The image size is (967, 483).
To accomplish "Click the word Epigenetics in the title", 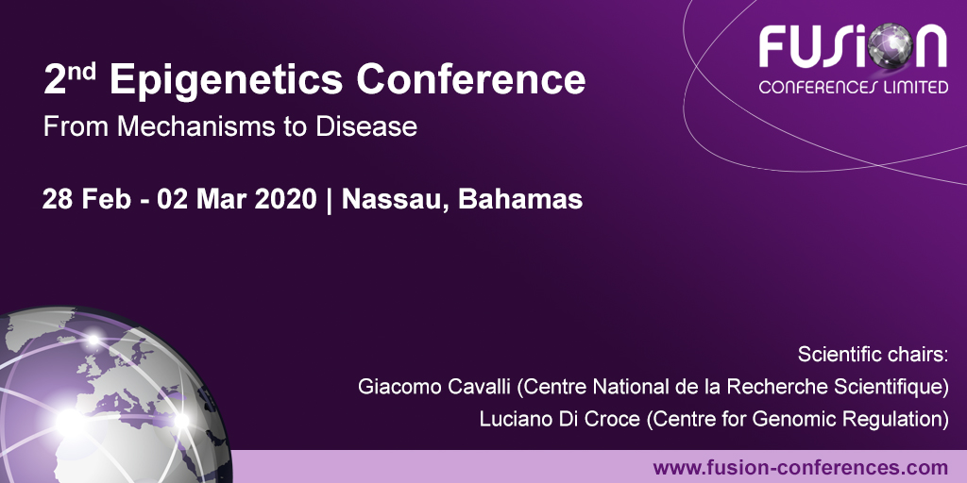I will [x=226, y=81].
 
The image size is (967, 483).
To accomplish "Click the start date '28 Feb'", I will [x=83, y=200].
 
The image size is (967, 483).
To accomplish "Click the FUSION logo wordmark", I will [x=852, y=47].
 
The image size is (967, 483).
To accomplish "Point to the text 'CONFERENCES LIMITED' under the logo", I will [x=853, y=88].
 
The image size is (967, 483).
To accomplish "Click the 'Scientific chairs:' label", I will [x=873, y=356].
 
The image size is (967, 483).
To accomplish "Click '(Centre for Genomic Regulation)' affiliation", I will [x=796, y=420].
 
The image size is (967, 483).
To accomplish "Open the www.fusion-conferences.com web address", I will [x=800, y=467].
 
